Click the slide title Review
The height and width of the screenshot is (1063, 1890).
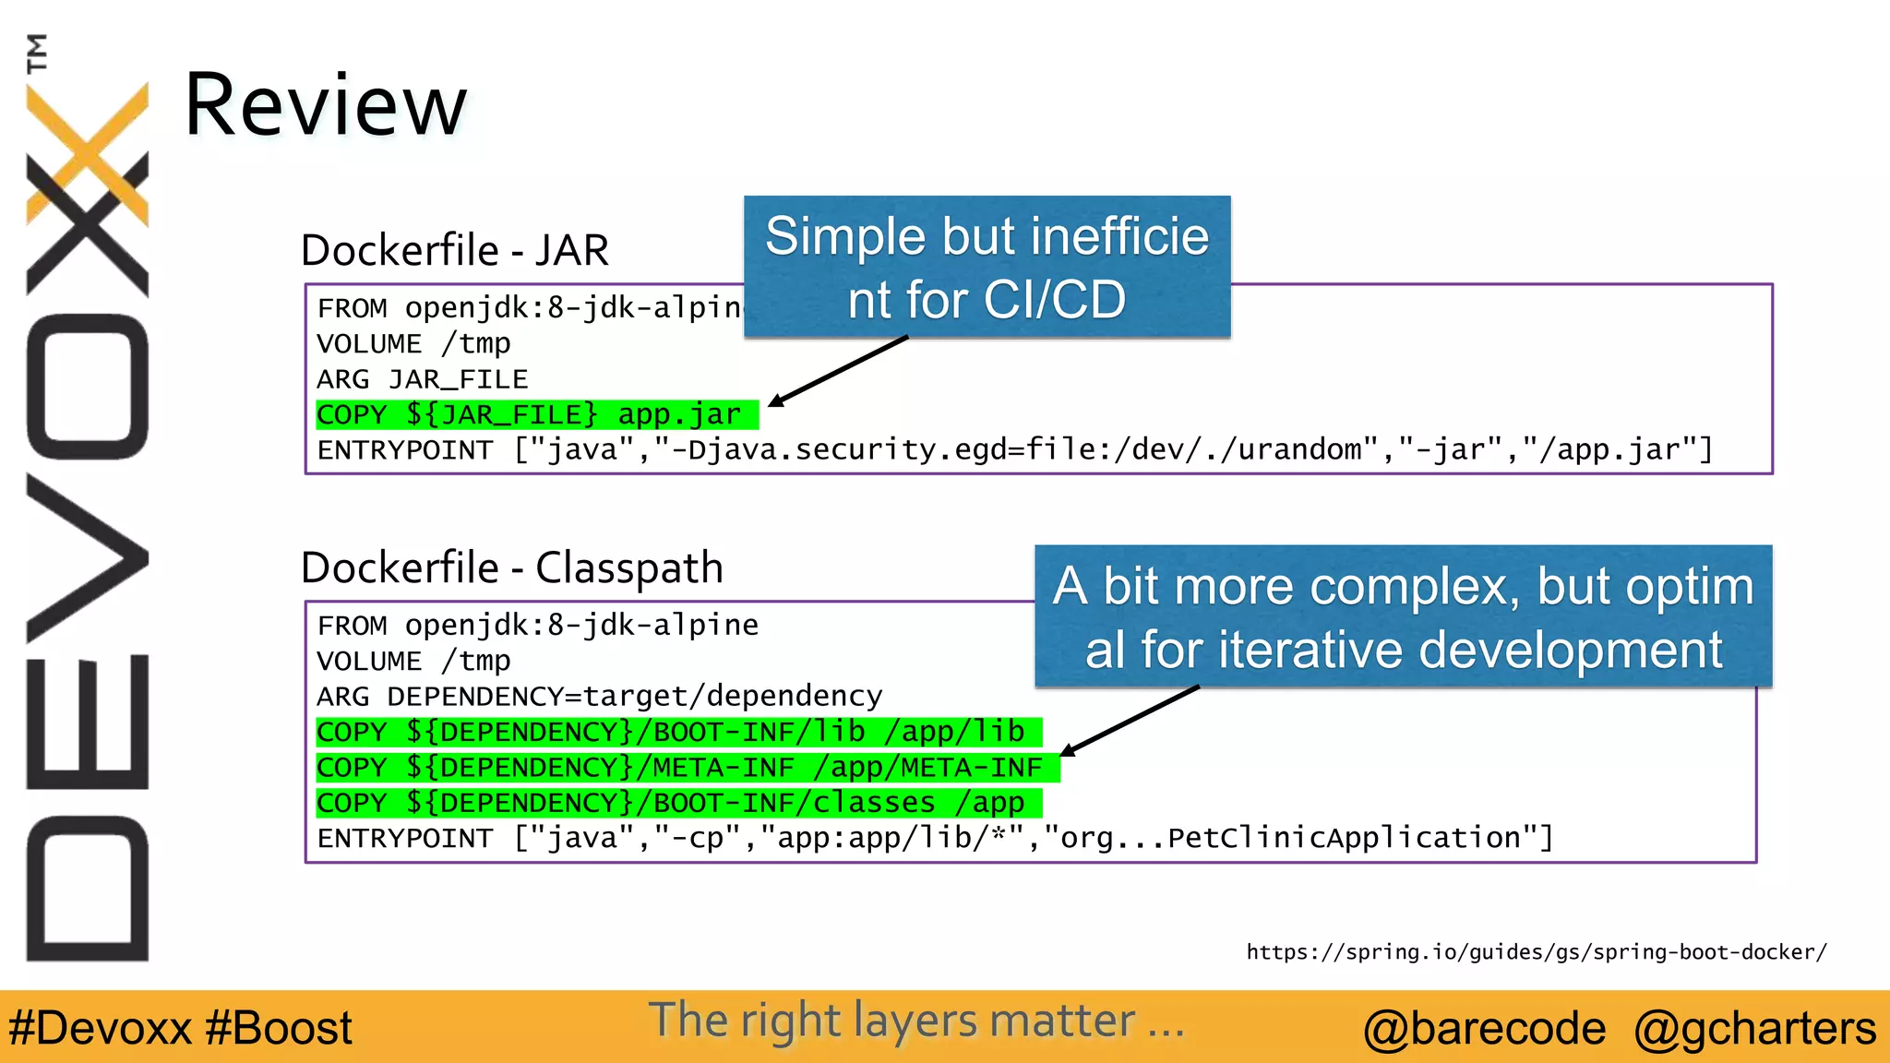click(325, 105)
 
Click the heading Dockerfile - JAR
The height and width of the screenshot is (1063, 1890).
click(454, 251)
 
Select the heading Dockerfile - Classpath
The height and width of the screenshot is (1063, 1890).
click(511, 567)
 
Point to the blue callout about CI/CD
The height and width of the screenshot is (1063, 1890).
click(987, 267)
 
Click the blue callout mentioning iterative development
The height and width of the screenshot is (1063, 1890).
click(1403, 616)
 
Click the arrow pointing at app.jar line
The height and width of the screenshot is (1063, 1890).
click(838, 371)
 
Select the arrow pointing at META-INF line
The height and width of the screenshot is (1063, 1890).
click(1130, 721)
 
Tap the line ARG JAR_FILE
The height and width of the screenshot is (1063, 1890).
click(422, 379)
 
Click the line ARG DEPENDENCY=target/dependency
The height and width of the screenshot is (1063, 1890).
click(599, 697)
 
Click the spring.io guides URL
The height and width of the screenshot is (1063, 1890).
click(1536, 952)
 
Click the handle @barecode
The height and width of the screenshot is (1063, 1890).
click(1484, 1028)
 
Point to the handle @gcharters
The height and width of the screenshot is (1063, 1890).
click(1754, 1028)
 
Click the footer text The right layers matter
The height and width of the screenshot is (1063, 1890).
click(915, 1021)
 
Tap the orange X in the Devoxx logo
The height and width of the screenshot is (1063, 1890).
click(88, 152)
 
